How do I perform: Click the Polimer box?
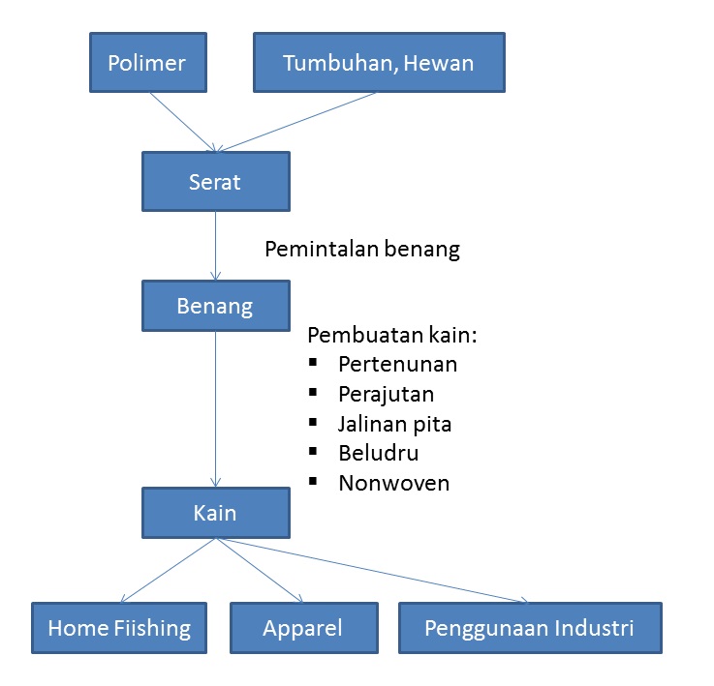tap(146, 63)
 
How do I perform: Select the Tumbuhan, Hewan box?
tap(379, 63)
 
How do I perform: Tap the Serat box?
tap(215, 181)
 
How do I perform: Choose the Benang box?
tap(215, 307)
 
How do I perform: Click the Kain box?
tap(215, 513)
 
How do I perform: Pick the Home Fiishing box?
tap(119, 628)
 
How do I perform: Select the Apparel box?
tap(302, 628)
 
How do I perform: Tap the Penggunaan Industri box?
tap(529, 628)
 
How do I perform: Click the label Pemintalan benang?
tap(362, 249)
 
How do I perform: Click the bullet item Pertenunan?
tap(397, 365)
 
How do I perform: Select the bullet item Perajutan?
tap(386, 394)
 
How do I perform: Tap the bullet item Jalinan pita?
tap(394, 423)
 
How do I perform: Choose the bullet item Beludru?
tap(378, 452)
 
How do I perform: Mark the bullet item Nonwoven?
tap(393, 482)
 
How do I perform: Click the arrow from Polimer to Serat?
tap(181, 122)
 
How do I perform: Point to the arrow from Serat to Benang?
tap(215, 246)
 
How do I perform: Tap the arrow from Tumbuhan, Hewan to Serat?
tap(295, 122)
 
